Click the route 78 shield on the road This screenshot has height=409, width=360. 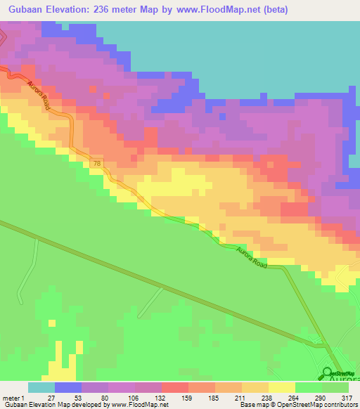96,164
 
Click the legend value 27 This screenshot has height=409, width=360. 51,397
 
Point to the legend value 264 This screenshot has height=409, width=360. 291,397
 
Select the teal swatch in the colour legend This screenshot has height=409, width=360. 41,387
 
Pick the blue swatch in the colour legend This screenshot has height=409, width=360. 68,387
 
